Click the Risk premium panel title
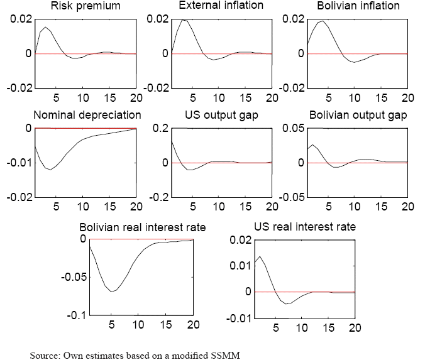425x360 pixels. [x=86, y=7]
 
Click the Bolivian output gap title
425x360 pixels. [x=358, y=116]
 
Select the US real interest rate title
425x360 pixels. [x=304, y=227]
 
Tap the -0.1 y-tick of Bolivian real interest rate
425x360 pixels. [x=74, y=315]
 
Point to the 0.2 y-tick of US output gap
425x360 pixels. [x=160, y=129]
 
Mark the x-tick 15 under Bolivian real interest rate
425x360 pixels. [x=166, y=325]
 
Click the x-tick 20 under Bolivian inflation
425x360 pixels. [x=408, y=97]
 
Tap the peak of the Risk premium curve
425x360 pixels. [x=45, y=27]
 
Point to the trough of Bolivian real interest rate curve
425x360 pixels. [x=112, y=292]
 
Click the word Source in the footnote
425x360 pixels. [x=45, y=356]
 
